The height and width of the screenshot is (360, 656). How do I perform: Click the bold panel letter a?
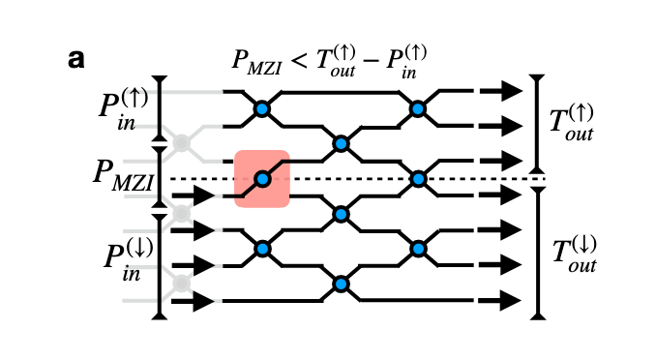coord(76,58)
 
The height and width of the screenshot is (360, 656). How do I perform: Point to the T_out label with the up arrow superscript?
coord(570,123)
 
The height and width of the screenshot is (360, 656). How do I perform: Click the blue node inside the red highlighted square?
coord(261,179)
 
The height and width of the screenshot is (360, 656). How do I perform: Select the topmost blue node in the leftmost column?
coord(261,109)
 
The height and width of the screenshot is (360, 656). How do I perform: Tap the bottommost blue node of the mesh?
coord(341,284)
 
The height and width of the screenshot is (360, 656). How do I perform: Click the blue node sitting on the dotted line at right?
coord(418,179)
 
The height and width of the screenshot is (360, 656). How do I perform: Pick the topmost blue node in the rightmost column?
coord(418,109)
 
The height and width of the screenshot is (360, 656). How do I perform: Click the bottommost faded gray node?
coord(180,284)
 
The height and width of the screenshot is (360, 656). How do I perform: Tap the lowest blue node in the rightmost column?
coord(418,249)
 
